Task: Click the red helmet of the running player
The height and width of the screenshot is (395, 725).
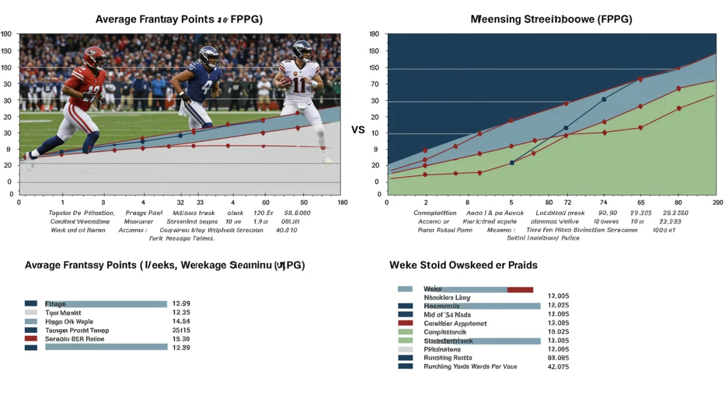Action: click(x=95, y=58)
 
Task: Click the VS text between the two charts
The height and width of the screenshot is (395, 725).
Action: click(x=358, y=130)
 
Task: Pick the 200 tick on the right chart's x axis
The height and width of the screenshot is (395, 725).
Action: click(x=717, y=203)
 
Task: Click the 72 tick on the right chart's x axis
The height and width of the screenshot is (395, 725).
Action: click(x=567, y=203)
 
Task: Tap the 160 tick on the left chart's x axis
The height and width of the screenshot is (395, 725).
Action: click(x=342, y=203)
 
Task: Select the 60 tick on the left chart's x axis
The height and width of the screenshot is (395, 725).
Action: click(x=265, y=203)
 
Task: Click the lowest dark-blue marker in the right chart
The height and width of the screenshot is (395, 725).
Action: click(x=512, y=162)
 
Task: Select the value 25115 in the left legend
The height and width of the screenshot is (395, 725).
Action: click(x=181, y=330)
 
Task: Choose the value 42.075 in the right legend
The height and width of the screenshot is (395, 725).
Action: click(x=558, y=366)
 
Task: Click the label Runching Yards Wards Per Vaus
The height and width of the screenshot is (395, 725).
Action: click(x=470, y=366)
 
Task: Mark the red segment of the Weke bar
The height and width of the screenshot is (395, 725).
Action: click(x=520, y=289)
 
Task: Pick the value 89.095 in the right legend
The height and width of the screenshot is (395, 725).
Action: click(x=558, y=358)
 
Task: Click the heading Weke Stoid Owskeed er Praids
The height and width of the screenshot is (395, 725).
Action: click(x=463, y=265)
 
